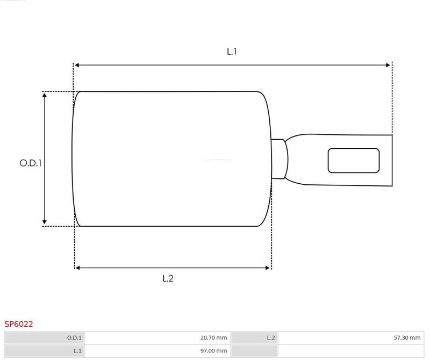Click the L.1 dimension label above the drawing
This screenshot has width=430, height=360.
pyautogui.click(x=232, y=51)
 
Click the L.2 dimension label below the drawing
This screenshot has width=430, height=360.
pyautogui.click(x=168, y=278)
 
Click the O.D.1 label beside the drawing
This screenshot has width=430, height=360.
pyautogui.click(x=31, y=163)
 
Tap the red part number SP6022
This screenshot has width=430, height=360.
pyautogui.click(x=19, y=324)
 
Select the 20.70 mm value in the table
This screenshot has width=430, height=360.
pyautogui.click(x=213, y=338)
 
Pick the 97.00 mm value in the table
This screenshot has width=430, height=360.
pyautogui.click(x=213, y=351)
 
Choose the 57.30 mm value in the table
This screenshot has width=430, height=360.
pyautogui.click(x=407, y=338)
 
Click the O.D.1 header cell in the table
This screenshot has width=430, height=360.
pyautogui.click(x=45, y=338)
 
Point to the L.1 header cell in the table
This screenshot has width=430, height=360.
pyautogui.click(x=45, y=351)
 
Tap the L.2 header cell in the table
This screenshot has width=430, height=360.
pyautogui.click(x=254, y=338)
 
